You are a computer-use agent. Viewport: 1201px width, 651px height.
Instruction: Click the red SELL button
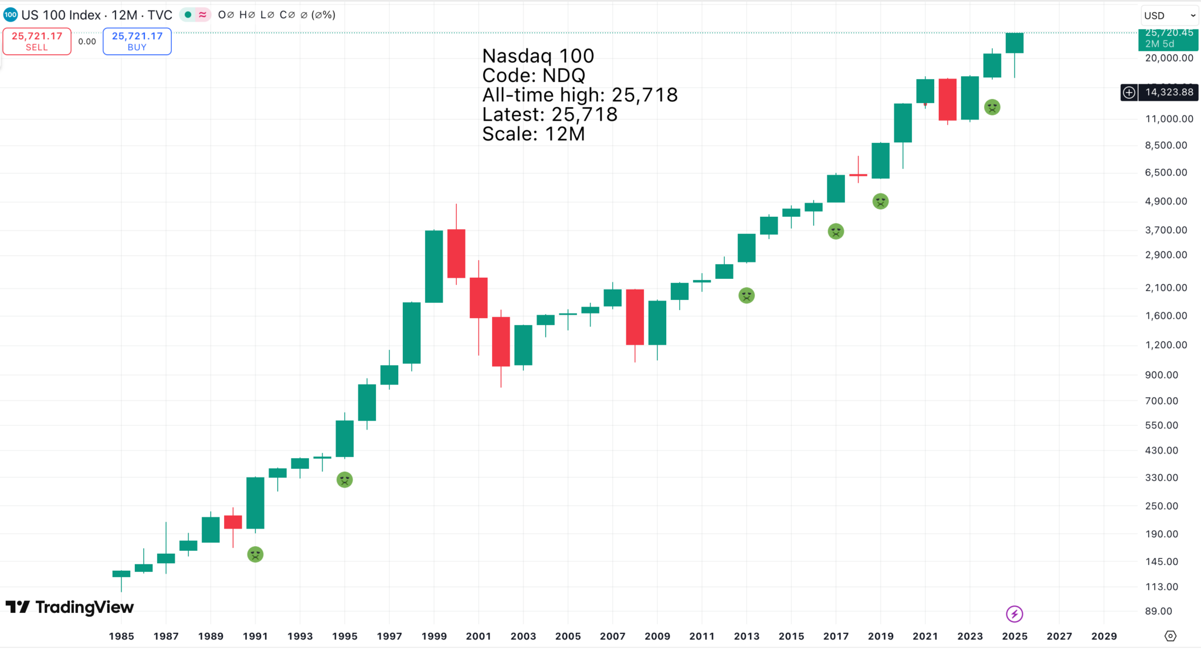(x=37, y=41)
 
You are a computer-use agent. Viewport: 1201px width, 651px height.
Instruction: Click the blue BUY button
(x=137, y=41)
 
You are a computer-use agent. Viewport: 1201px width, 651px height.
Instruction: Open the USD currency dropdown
(x=1169, y=16)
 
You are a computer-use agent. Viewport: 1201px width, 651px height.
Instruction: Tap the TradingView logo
(x=70, y=607)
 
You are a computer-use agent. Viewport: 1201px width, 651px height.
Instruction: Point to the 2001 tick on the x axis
(x=479, y=636)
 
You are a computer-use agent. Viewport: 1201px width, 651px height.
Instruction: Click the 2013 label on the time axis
(x=747, y=636)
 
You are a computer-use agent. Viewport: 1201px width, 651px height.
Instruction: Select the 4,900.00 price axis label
(x=1166, y=202)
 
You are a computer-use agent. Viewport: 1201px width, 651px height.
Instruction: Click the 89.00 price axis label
(x=1158, y=611)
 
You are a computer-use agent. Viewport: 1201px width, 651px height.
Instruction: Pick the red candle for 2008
(x=635, y=317)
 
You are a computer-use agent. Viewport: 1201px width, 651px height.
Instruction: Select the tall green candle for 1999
(x=434, y=267)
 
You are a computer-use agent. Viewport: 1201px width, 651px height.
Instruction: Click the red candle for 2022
(x=948, y=100)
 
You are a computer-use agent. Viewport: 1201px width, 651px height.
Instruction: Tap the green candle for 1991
(x=255, y=503)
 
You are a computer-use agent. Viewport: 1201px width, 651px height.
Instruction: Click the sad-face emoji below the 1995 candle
(x=345, y=480)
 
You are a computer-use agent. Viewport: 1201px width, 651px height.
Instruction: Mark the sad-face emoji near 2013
(x=747, y=295)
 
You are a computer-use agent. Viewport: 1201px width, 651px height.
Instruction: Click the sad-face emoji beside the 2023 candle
(x=992, y=107)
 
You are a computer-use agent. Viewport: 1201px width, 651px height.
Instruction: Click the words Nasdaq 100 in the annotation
(x=538, y=56)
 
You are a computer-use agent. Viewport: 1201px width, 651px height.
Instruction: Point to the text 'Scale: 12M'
(x=534, y=134)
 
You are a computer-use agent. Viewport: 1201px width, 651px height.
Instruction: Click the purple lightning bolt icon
(x=1015, y=613)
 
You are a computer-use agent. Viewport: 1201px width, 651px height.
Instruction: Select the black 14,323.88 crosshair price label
(x=1169, y=92)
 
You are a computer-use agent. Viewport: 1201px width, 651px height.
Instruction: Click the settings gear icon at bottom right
(x=1171, y=636)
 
